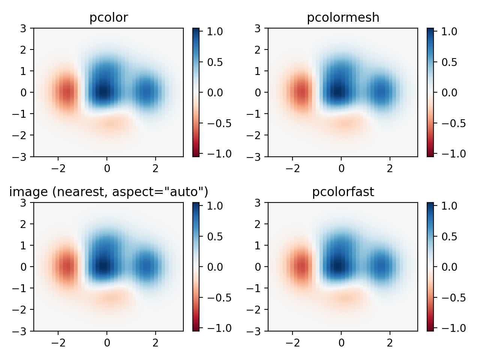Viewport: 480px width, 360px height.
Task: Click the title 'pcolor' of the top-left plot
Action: click(108, 18)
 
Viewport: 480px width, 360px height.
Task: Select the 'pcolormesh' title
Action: click(343, 18)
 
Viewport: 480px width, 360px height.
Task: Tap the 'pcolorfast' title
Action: click(343, 192)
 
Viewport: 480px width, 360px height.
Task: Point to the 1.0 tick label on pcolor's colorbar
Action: click(215, 31)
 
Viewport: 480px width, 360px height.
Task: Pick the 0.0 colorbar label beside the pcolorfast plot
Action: click(449, 267)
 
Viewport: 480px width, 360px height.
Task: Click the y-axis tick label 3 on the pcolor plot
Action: click(24, 28)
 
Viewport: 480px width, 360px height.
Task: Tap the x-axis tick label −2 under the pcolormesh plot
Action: click(293, 168)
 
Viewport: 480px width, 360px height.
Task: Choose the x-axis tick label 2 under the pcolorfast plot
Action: click(390, 343)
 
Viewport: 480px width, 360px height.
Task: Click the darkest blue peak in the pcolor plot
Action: click(104, 91)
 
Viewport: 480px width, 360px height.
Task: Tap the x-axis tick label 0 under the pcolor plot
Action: click(107, 168)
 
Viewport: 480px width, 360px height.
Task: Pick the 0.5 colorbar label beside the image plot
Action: click(215, 237)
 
